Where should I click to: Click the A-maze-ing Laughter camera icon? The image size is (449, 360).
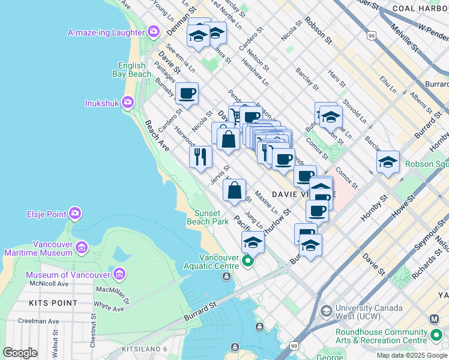pos(154,31)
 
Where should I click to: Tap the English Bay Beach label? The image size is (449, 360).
pos(131,70)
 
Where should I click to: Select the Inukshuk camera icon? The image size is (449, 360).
pos(127,103)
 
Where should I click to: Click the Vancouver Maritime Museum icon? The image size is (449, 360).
pos(81,247)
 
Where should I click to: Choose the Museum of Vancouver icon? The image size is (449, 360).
pos(119,275)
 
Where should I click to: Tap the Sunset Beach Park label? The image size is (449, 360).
pos(211,217)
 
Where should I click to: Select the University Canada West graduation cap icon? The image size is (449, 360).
pos(326,311)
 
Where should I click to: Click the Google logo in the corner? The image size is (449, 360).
pos(20,353)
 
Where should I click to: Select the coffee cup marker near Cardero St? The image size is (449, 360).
pos(187,93)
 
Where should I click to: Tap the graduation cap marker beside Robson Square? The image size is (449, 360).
pos(388,161)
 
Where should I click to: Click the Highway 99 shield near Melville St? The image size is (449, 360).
pos(372,37)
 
